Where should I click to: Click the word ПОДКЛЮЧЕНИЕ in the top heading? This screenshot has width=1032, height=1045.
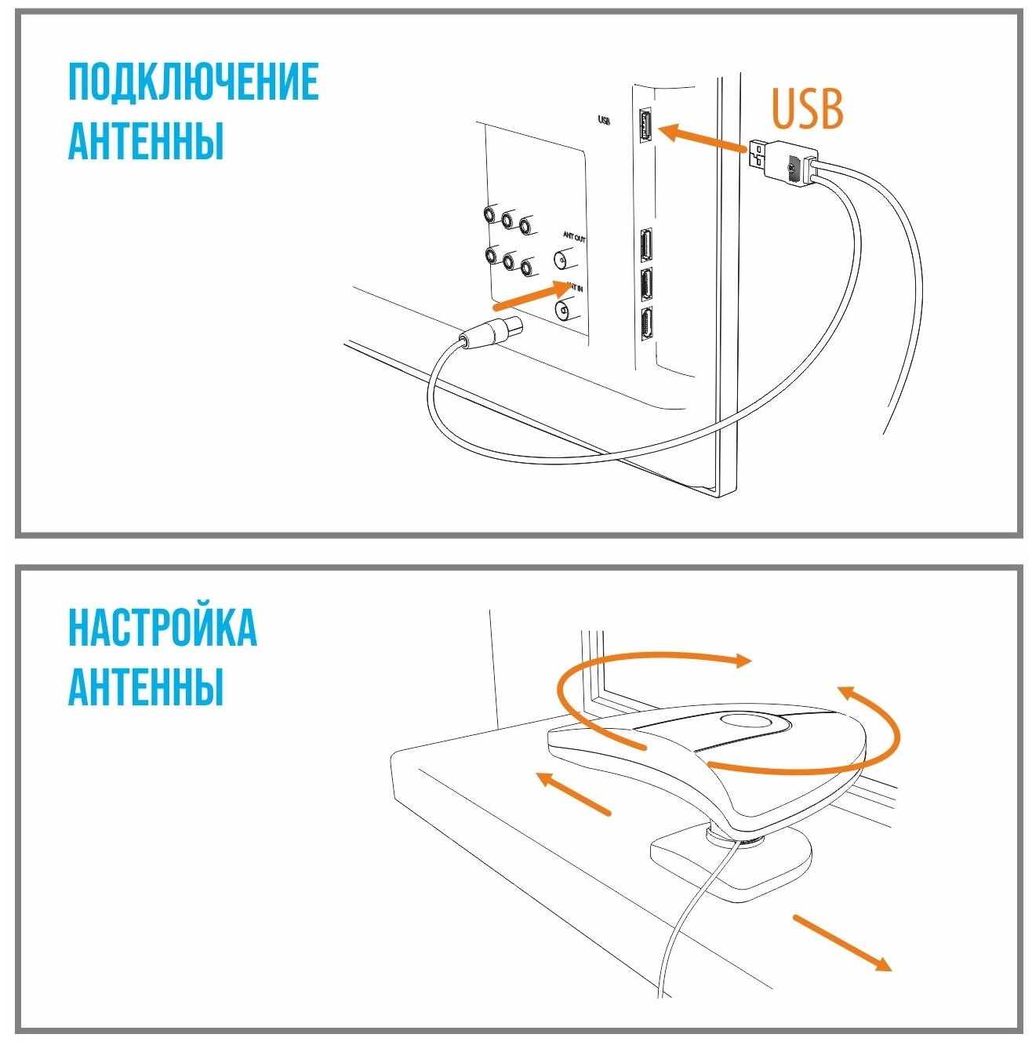click(x=193, y=82)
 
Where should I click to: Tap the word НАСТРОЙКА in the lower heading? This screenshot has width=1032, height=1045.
click(x=162, y=626)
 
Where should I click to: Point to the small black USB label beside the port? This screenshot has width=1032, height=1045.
click(x=604, y=120)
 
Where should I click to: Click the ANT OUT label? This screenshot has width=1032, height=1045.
click(x=574, y=237)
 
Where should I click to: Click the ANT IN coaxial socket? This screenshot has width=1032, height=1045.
click(x=563, y=311)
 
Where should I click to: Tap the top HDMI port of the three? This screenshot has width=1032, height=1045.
click(x=646, y=245)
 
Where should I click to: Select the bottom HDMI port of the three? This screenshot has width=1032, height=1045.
click(x=646, y=326)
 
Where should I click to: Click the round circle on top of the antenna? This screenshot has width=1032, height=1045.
click(x=744, y=721)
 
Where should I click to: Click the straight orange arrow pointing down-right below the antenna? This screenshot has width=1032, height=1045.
click(x=841, y=942)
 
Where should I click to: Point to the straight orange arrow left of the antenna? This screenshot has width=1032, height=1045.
click(x=572, y=793)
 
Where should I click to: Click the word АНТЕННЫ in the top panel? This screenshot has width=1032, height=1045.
click(x=146, y=141)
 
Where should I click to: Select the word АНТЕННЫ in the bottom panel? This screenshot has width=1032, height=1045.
click(x=146, y=686)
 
